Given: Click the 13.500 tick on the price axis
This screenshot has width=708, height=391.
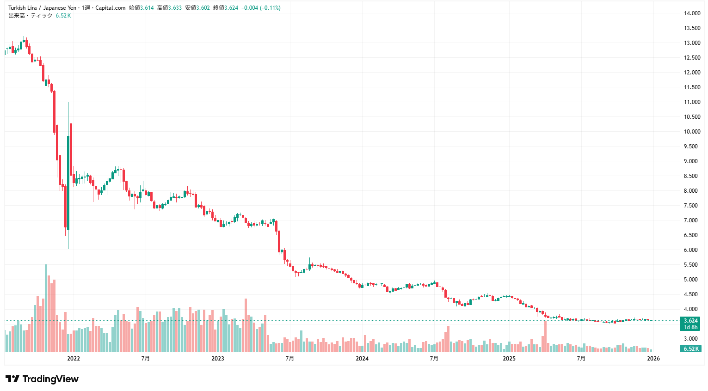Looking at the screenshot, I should tap(692, 28).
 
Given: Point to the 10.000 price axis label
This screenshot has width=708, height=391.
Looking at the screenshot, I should tap(692, 132).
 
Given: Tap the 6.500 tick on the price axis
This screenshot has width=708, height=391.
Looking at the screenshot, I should tap(692, 235).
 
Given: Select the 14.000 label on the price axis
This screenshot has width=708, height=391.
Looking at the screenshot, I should tap(692, 13).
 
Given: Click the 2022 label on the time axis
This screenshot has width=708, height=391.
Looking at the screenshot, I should tap(73, 359).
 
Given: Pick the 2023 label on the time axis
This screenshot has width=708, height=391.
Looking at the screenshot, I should tap(217, 359).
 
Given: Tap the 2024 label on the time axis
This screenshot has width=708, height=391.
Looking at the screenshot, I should tap(362, 359).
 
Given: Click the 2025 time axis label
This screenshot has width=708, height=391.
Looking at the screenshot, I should tap(509, 359).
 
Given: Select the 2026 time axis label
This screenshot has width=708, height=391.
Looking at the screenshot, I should tap(653, 359).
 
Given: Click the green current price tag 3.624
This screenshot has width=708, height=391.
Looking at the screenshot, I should tap(690, 321).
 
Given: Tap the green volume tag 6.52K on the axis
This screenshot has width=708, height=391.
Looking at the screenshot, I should tap(691, 349).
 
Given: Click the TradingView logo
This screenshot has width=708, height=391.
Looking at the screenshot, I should tap(42, 379).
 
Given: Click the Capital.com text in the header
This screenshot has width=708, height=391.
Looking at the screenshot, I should tap(110, 8).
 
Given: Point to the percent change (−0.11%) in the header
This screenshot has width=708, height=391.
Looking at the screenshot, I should tap(270, 8).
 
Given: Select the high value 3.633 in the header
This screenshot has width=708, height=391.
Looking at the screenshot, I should tap(175, 8).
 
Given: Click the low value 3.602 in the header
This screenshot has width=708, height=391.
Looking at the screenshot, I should tap(203, 8).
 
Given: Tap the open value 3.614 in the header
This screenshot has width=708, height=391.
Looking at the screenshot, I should tap(147, 8).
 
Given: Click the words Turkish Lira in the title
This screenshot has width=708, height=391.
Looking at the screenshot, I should tap(22, 8).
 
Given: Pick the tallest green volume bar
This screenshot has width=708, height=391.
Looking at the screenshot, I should tap(46, 308).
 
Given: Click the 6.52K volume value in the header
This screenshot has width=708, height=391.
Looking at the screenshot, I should tap(63, 16).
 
